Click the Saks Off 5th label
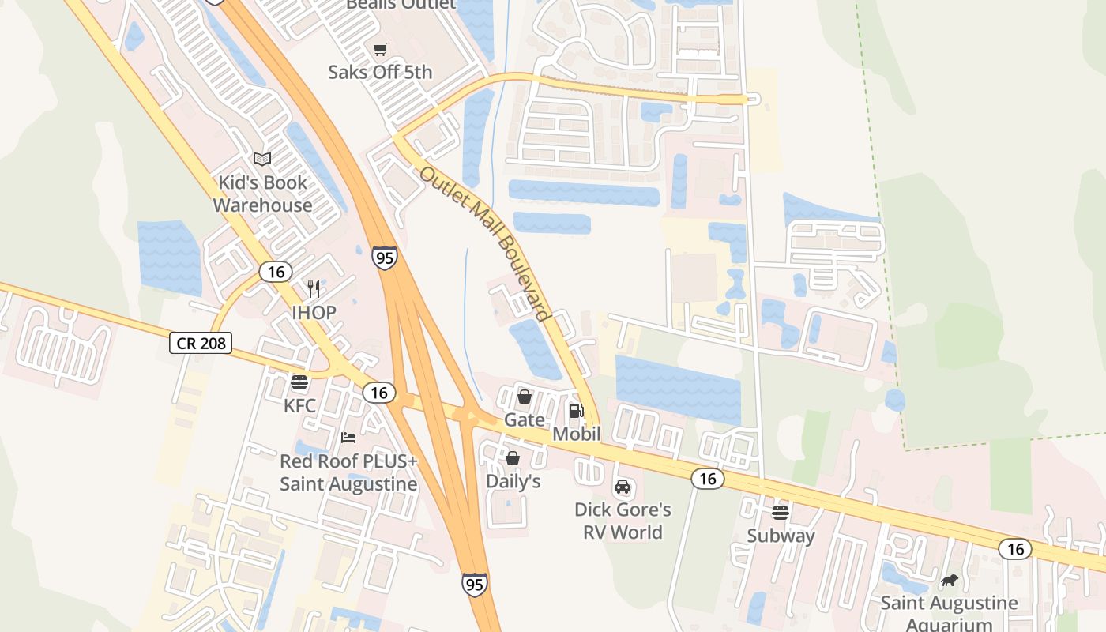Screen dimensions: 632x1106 tap(380, 73)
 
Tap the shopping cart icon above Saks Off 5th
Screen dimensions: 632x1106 tap(381, 49)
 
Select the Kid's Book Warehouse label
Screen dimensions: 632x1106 tap(262, 194)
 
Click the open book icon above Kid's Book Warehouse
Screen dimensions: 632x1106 tap(262, 160)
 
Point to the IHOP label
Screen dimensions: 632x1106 tap(314, 313)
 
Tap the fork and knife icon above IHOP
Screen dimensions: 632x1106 tap(314, 289)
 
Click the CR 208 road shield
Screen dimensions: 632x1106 tap(201, 343)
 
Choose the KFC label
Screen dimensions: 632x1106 tap(299, 406)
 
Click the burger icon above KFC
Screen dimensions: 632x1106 tap(299, 383)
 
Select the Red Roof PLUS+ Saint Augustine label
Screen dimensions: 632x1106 tap(348, 472)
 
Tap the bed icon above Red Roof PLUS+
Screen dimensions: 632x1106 tap(348, 437)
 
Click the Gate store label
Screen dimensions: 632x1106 tap(525, 419)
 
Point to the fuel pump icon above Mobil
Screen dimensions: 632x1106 tap(577, 410)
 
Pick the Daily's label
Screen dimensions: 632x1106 tap(513, 481)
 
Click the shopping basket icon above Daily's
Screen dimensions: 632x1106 tap(513, 458)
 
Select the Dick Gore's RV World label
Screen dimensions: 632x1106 tap(623, 521)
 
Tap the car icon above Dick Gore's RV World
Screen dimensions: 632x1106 tap(623, 486)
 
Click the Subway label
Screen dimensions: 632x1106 tap(781, 536)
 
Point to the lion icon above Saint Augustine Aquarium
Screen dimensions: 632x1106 tap(950, 581)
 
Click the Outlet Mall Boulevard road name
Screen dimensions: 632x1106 tap(484, 243)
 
